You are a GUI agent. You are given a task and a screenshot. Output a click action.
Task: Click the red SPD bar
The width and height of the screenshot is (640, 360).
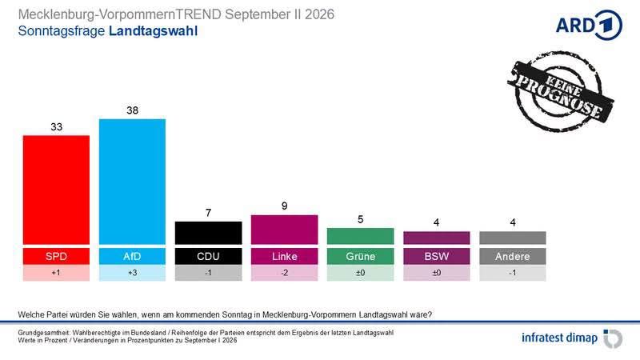point(56,190)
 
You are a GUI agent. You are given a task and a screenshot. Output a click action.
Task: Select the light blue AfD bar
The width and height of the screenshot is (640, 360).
point(132,182)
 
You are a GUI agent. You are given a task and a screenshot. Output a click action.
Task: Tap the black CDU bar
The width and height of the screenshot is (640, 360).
point(208,233)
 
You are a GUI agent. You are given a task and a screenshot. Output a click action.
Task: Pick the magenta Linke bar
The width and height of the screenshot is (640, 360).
point(285,230)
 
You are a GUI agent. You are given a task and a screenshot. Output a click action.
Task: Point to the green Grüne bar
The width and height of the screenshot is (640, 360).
point(361,236)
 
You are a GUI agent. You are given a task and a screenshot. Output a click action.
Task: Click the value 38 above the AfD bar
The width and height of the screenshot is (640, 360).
point(132,110)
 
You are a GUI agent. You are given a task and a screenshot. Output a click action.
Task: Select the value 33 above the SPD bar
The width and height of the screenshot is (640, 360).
point(56,127)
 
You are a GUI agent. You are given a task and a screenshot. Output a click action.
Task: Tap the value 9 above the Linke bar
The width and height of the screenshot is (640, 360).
point(285,206)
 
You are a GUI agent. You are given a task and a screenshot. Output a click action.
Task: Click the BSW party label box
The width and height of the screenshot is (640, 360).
point(436,256)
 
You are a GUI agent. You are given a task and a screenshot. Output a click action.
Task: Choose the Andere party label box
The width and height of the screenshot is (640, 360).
point(513,256)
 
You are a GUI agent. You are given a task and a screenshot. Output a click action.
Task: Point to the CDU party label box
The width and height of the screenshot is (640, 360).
point(208,256)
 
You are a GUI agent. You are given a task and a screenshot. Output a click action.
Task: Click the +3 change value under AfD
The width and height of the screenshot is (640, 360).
point(132,273)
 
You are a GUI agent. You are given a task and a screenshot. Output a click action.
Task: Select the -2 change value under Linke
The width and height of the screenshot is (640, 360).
point(285,273)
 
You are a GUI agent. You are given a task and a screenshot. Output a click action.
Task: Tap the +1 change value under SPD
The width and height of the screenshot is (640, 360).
point(56,273)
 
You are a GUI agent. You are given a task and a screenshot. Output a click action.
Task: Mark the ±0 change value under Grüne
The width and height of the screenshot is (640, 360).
point(361,273)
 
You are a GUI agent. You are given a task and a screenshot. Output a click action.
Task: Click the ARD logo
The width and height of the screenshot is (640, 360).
point(589,26)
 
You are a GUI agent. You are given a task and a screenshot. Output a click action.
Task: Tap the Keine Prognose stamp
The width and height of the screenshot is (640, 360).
point(560,90)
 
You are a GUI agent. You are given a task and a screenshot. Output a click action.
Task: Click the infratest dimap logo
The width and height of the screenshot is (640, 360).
point(572,338)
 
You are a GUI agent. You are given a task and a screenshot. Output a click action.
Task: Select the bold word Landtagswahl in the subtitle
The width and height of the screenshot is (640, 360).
point(153,31)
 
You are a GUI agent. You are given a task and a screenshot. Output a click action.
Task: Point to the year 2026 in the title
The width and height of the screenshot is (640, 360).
point(319,14)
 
